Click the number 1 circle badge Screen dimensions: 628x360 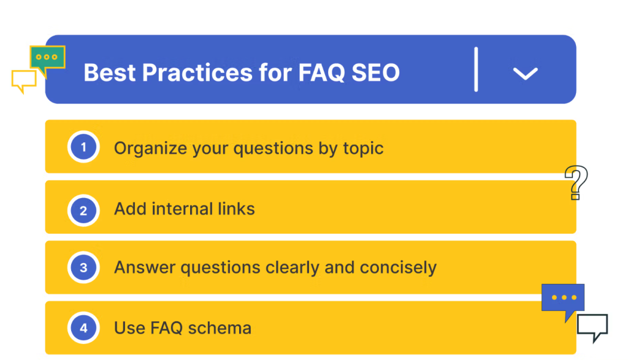point(83,147)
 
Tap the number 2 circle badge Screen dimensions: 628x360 point(83,210)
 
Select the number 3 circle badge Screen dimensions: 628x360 point(83,267)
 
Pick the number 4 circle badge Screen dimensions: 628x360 point(83,328)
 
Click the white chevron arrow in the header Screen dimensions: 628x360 point(525,73)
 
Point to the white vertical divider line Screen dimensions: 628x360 point(476,69)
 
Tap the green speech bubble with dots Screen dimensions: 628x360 point(48,60)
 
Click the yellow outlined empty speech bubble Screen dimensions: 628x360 point(24,82)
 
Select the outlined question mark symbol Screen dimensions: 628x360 point(576,182)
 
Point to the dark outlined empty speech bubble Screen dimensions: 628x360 point(592,327)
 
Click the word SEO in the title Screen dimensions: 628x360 point(375,72)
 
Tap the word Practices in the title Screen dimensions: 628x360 point(197,72)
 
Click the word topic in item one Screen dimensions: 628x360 point(363,148)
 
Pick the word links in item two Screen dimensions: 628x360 point(236,209)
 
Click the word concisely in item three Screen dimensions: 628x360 point(398,267)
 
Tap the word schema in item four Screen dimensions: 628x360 point(220,328)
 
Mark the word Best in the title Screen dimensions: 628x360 point(109,72)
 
